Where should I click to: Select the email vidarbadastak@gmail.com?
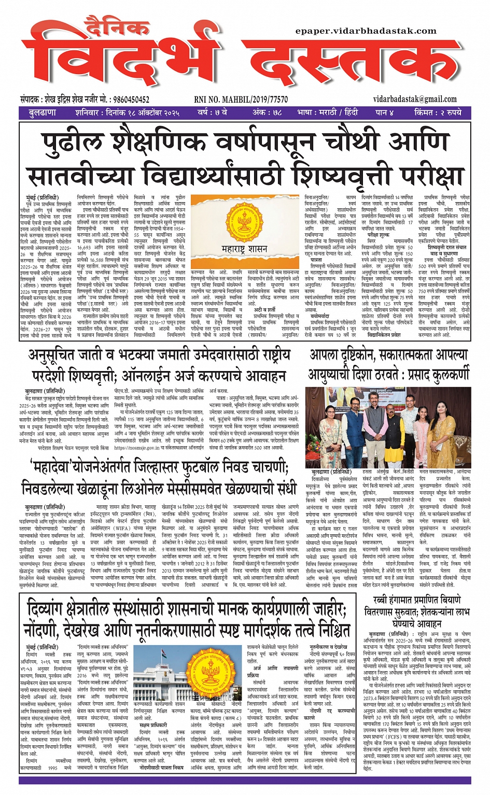[x=414, y=99]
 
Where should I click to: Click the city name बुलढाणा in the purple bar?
[x=43, y=112]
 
